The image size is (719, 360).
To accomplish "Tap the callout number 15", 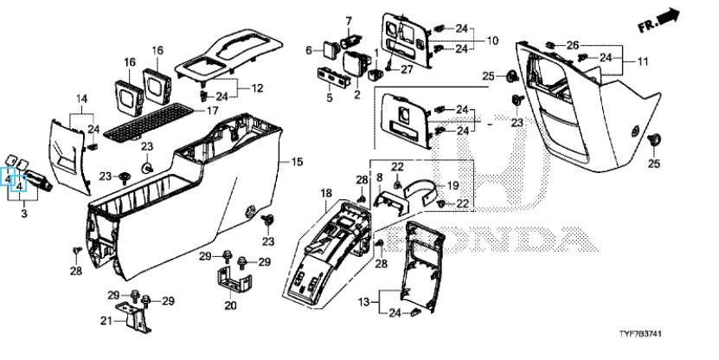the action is (297, 162).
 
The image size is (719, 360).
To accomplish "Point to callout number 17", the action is (212, 111).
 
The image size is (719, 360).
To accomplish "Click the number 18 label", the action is (326, 193).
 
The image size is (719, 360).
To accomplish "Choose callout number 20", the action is (230, 305).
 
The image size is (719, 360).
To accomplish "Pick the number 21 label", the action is (106, 321).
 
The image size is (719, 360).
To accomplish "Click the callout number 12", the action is (258, 87).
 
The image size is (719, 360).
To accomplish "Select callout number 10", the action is (492, 41).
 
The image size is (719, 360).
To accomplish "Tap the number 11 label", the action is (643, 61).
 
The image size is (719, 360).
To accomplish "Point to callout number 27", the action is (407, 69).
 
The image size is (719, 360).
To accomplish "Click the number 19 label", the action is (453, 186).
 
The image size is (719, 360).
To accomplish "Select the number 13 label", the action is (363, 302).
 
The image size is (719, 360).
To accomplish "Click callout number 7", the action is (349, 21).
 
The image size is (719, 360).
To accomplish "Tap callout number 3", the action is (24, 213).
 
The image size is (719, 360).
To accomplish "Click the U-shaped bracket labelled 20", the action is (234, 279).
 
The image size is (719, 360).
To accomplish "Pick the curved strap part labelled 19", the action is (420, 187).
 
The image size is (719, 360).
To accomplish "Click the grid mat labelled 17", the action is (150, 121).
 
